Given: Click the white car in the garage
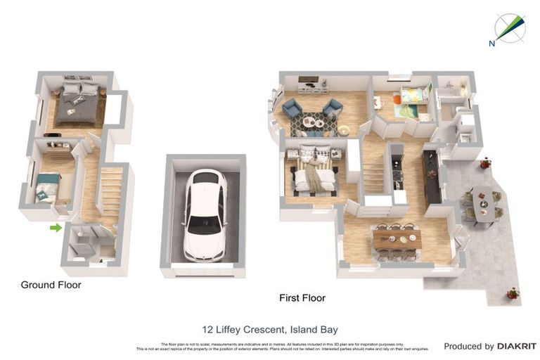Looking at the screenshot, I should pyautogui.click(x=205, y=214).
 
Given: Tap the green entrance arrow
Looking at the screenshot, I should pyautogui.click(x=56, y=227).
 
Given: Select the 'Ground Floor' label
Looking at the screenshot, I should pyautogui.click(x=51, y=285).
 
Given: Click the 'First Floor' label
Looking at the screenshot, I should pyautogui.click(x=302, y=298).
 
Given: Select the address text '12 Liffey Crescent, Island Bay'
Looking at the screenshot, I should pyautogui.click(x=270, y=329).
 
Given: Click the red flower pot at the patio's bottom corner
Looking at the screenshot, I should pyautogui.click(x=513, y=292).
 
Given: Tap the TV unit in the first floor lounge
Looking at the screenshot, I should pyautogui.click(x=312, y=88).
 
